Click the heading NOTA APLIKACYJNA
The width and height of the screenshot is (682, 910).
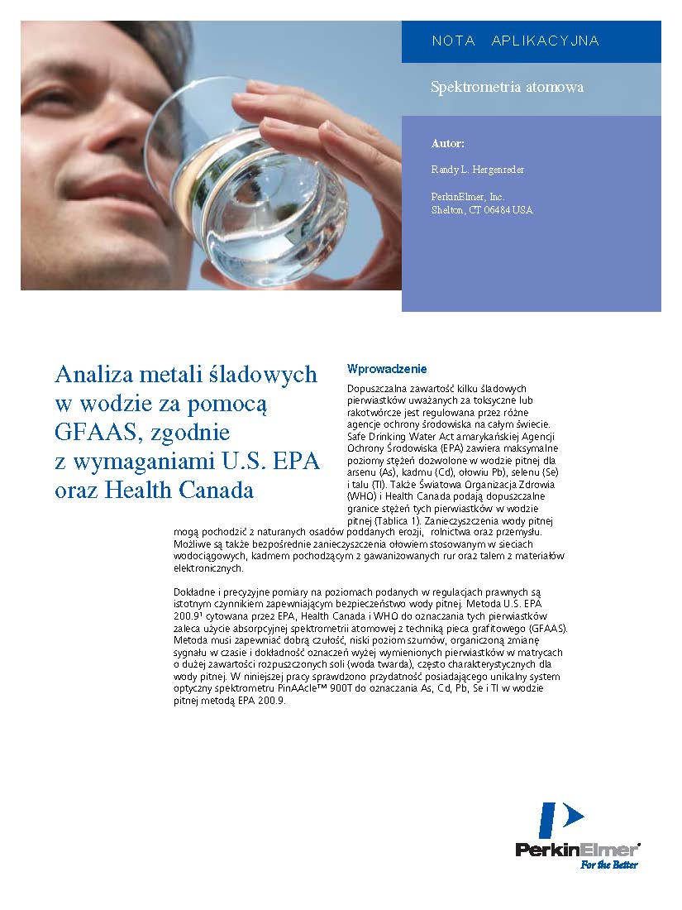(515, 41)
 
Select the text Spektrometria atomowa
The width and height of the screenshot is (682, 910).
(507, 87)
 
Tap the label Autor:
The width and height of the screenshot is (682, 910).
(448, 144)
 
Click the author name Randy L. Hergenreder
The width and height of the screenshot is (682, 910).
(477, 170)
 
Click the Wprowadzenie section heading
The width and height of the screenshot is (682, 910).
(387, 369)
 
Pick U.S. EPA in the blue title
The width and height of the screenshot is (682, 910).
(278, 462)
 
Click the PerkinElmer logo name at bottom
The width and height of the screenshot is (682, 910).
(577, 850)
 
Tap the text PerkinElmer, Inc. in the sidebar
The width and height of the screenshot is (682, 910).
(468, 197)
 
